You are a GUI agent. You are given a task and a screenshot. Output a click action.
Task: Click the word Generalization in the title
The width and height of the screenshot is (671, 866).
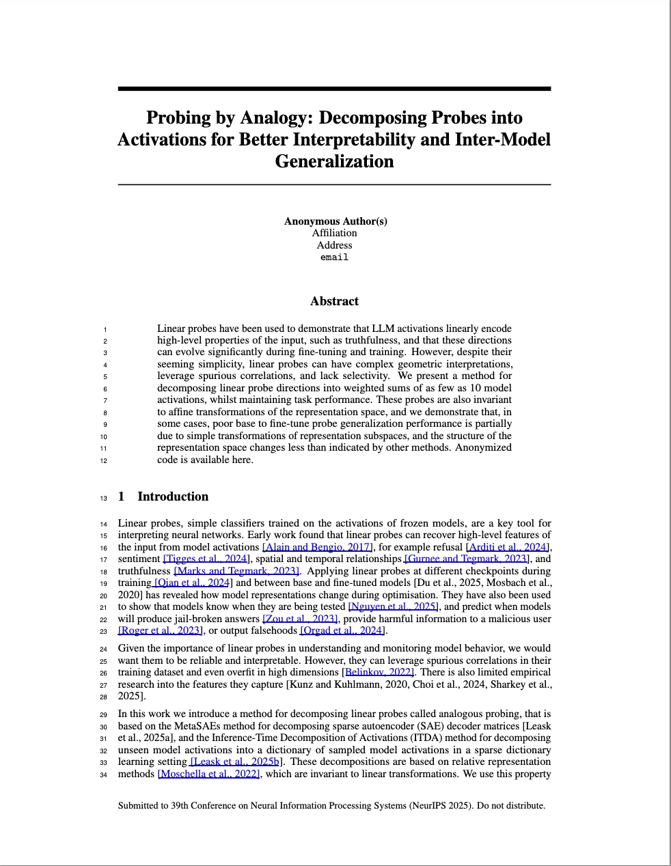click(x=334, y=161)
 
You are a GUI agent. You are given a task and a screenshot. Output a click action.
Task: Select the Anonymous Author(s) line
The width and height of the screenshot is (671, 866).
click(x=335, y=221)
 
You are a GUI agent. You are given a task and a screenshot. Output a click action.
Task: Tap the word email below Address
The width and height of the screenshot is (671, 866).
click(x=334, y=257)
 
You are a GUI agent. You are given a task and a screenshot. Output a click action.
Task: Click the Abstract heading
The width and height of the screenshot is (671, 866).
click(x=334, y=301)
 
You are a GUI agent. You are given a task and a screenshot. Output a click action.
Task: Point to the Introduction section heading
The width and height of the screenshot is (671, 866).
click(x=173, y=497)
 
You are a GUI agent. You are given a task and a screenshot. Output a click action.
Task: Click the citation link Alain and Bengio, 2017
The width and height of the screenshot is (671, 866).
click(x=317, y=547)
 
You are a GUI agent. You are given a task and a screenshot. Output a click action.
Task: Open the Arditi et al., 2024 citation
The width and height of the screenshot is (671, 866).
click(x=508, y=547)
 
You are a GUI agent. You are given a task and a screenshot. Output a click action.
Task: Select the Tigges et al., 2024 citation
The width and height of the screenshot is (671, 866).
click(x=205, y=559)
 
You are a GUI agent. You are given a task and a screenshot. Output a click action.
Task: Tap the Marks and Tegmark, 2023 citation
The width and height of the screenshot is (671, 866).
click(x=237, y=571)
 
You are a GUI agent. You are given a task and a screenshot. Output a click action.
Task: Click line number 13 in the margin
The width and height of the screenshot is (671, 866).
click(x=103, y=498)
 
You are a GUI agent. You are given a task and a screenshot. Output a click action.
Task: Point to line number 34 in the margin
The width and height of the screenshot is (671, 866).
click(x=103, y=774)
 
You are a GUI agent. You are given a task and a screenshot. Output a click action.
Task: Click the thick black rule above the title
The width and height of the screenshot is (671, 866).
click(x=334, y=88)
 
